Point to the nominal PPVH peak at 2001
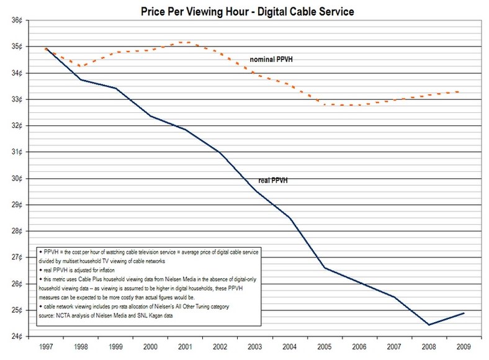click(x=186, y=42)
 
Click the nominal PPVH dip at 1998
click(x=80, y=66)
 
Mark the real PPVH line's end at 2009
click(x=464, y=313)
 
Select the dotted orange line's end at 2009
click(x=464, y=92)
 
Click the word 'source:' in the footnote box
click(x=49, y=316)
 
